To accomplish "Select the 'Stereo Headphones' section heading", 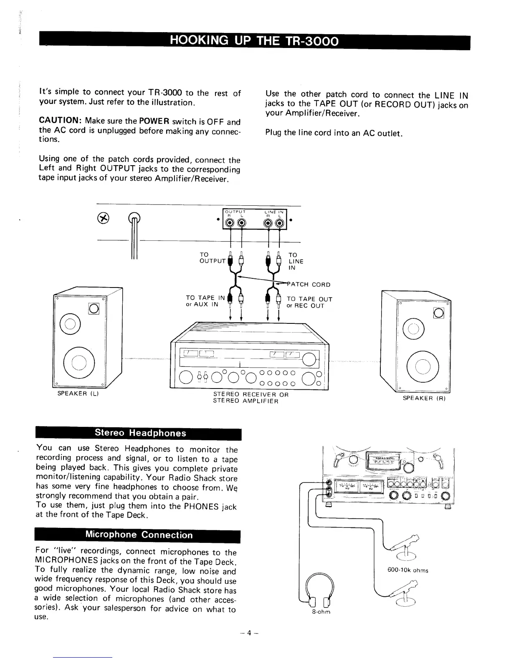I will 140,433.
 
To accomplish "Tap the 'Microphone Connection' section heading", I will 139,535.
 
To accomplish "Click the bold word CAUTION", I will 60,121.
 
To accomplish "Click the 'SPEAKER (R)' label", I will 424,398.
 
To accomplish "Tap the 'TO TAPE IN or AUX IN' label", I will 205,301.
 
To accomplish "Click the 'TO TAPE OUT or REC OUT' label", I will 309,302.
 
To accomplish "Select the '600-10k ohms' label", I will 408,570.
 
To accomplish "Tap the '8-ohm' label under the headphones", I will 321,612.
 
